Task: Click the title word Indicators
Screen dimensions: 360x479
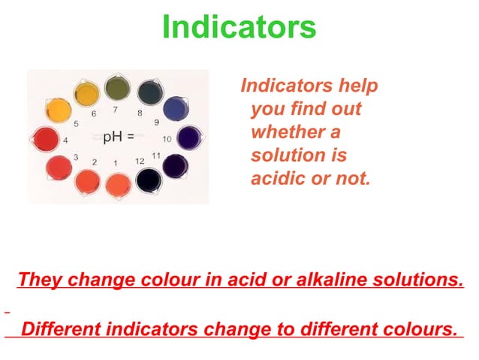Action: click(239, 28)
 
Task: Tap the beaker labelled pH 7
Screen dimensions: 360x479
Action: click(117, 89)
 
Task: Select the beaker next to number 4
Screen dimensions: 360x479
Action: click(47, 140)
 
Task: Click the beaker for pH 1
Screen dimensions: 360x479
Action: click(117, 183)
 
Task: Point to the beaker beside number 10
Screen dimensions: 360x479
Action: click(188, 138)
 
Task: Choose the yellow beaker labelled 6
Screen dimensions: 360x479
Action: click(87, 95)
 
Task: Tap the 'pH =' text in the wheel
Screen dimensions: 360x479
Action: click(119, 137)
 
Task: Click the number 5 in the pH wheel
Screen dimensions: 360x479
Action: click(77, 123)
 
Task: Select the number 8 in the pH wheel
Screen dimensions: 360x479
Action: click(140, 113)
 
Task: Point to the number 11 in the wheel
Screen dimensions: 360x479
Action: click(156, 155)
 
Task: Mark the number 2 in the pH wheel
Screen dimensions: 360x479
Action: click(95, 162)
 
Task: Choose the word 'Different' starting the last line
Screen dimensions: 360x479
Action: click(61, 329)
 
